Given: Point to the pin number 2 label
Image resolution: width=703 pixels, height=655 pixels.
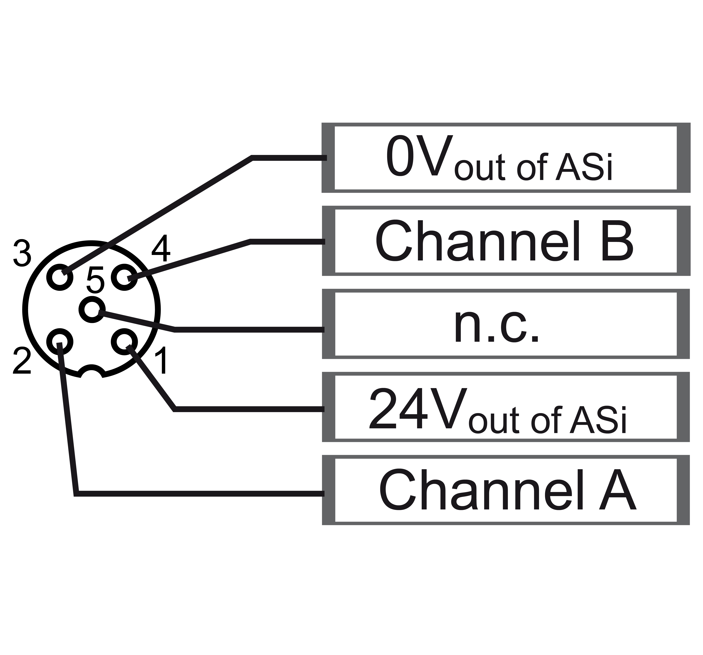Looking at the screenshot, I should (x=22, y=361).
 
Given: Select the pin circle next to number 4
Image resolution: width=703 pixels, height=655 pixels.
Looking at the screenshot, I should (x=124, y=277).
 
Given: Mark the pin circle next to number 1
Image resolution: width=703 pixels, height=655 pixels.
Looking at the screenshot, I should (x=124, y=342).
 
